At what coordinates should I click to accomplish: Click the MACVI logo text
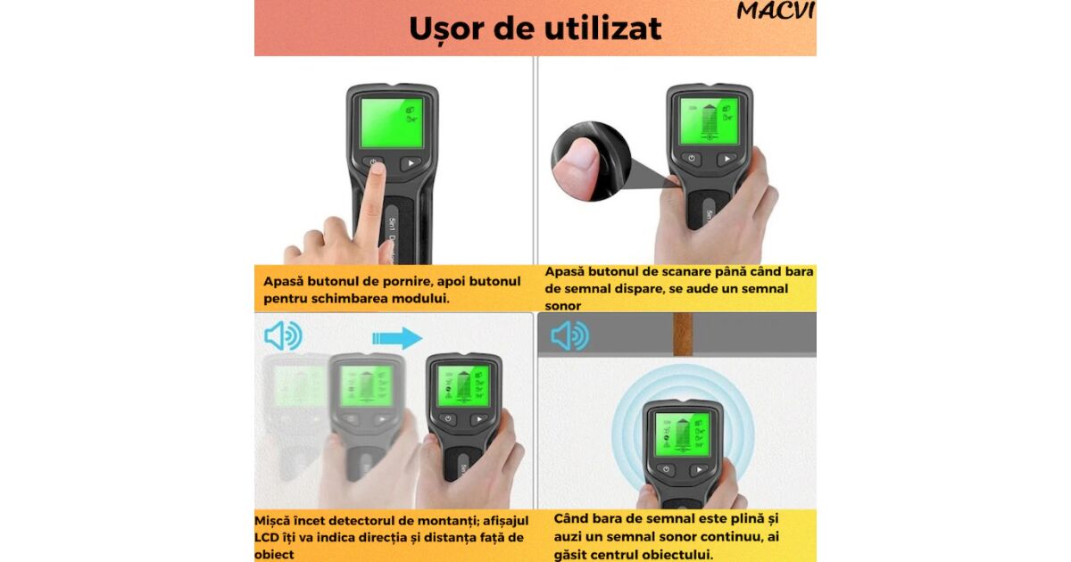coord(776,11)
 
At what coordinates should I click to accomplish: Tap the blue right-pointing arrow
coord(397,338)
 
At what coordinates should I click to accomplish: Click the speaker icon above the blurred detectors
coord(283,335)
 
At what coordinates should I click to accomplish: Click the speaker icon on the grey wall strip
coord(569,335)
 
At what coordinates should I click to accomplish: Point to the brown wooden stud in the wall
coord(683,335)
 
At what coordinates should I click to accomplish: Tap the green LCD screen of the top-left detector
coord(392,123)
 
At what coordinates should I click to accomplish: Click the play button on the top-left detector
coord(411,163)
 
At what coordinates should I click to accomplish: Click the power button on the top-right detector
coord(692,158)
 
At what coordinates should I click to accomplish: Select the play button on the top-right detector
coord(726,158)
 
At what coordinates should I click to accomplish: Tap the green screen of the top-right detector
coord(709,120)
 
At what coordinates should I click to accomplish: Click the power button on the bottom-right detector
coord(666,469)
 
